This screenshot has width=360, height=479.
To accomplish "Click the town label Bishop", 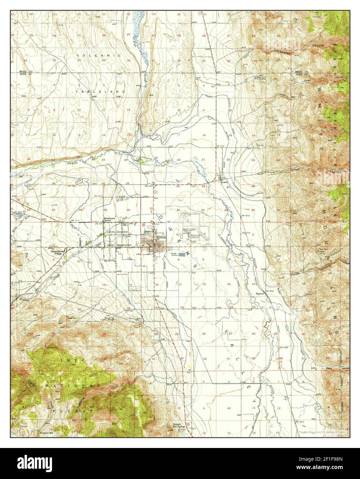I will pos(161,238).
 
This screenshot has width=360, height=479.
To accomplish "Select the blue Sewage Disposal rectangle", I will pos(186,254).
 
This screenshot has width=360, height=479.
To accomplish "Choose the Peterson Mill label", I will pos(48,431).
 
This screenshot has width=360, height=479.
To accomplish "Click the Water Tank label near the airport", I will pos(187,231).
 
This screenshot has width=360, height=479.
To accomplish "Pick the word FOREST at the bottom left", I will pos(72,411).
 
